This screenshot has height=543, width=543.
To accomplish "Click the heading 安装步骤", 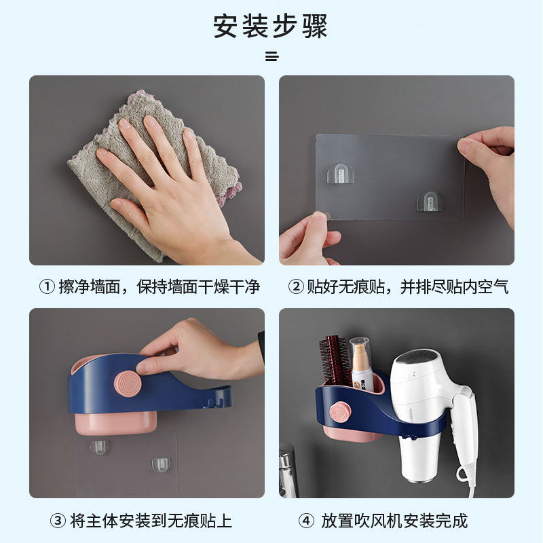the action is point(270,26).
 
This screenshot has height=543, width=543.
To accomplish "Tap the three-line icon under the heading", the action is point(272,56).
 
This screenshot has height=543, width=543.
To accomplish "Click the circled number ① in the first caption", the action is point(47,286).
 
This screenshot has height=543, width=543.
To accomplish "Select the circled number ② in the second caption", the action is point(296,286).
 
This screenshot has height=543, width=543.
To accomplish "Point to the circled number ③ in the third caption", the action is point(58,521).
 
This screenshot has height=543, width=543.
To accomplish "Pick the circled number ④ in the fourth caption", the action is point(307,521).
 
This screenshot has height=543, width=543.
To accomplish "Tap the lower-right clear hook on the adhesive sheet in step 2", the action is point(430,202).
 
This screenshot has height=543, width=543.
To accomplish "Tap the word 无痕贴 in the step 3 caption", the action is point(191,521).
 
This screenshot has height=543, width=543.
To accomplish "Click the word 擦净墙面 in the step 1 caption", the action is point(90,286).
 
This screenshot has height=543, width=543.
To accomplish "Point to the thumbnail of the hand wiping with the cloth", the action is point(147,170).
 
